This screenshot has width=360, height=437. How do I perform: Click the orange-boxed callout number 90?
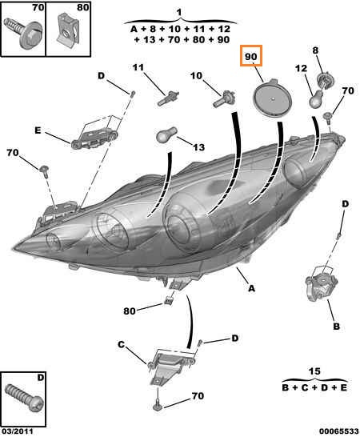pyautogui.click(x=250, y=57)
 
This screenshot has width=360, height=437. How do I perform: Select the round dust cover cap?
pyautogui.click(x=273, y=98)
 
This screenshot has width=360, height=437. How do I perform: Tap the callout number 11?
pyautogui.click(x=138, y=67)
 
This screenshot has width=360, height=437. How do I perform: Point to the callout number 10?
pyautogui.click(x=196, y=75)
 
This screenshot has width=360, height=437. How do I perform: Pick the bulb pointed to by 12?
pyautogui.click(x=318, y=98)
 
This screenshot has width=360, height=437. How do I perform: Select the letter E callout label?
pyautogui.click(x=38, y=130)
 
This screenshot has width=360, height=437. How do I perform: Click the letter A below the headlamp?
pyautogui.click(x=252, y=288)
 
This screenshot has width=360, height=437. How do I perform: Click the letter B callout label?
pyautogui.click(x=337, y=326)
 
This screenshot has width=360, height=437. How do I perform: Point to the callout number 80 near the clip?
pyautogui.click(x=130, y=311)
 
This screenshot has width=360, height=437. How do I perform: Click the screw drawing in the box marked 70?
pyautogui.click(x=23, y=34)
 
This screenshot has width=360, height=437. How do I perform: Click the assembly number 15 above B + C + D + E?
pyautogui.click(x=314, y=371)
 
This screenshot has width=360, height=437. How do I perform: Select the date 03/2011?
pyautogui.click(x=17, y=431)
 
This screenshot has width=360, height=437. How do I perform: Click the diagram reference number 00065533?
pyautogui.click(x=339, y=431)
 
